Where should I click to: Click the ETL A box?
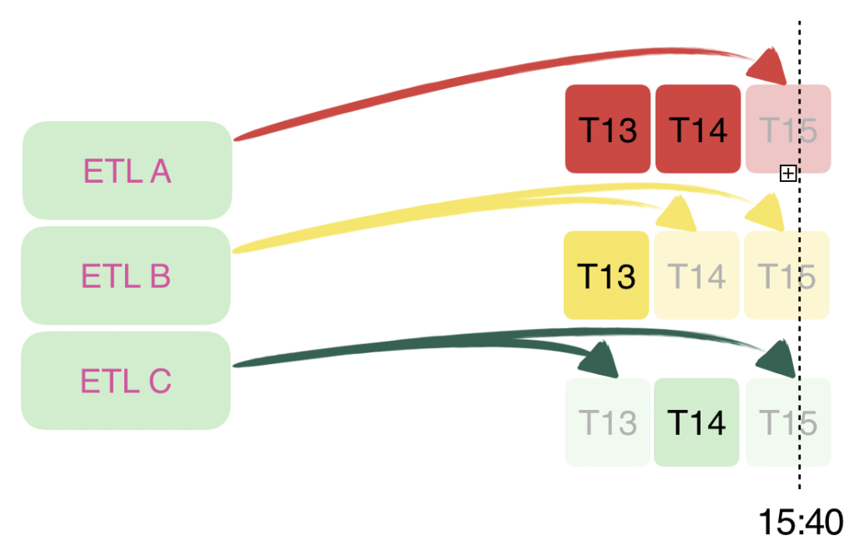click(x=127, y=170)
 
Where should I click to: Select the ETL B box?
click(x=125, y=276)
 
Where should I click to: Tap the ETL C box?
click(x=125, y=381)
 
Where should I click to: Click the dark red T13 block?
click(x=607, y=129)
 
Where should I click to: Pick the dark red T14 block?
click(x=698, y=129)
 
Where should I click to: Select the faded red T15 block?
click(x=787, y=129)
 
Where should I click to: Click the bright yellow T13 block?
click(x=606, y=275)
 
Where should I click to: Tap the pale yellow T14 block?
click(x=696, y=275)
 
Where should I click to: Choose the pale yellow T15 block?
click(x=786, y=275)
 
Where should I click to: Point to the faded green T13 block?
click(x=607, y=422)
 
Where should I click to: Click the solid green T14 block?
click(x=696, y=422)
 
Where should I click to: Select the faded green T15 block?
click(x=788, y=422)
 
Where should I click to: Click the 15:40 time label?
click(x=800, y=523)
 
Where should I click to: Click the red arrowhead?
click(x=771, y=66)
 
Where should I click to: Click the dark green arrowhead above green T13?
click(x=600, y=360)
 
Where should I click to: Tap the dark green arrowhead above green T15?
click(x=776, y=357)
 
